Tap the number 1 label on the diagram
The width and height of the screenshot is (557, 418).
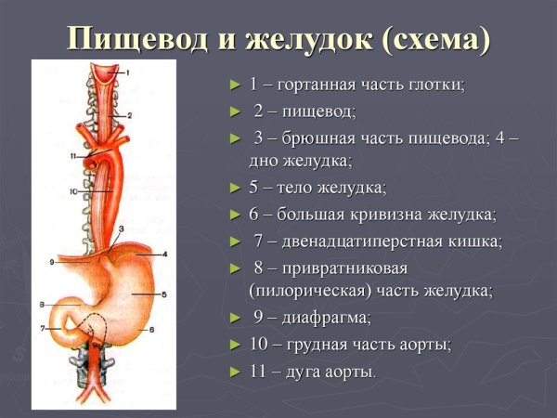pyautogui.click(x=129, y=72)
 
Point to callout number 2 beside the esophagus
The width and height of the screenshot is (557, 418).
pyautogui.click(x=130, y=115)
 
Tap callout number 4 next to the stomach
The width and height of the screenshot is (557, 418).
pyautogui.click(x=163, y=254)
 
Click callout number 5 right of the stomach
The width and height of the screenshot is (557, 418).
pyautogui.click(x=163, y=295)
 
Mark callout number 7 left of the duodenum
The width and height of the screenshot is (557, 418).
pyautogui.click(x=43, y=329)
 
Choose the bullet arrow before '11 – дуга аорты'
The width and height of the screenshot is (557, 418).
pyautogui.click(x=236, y=372)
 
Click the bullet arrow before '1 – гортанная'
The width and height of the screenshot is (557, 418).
pyautogui.click(x=236, y=85)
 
